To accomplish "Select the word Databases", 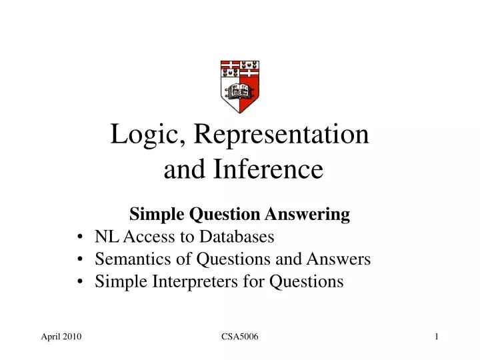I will (x=239, y=237).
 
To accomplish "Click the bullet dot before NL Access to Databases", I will (x=80, y=237).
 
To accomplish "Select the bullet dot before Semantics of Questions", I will (x=80, y=259).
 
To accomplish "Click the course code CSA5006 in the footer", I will (x=239, y=339).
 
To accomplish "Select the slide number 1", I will (x=437, y=339).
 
